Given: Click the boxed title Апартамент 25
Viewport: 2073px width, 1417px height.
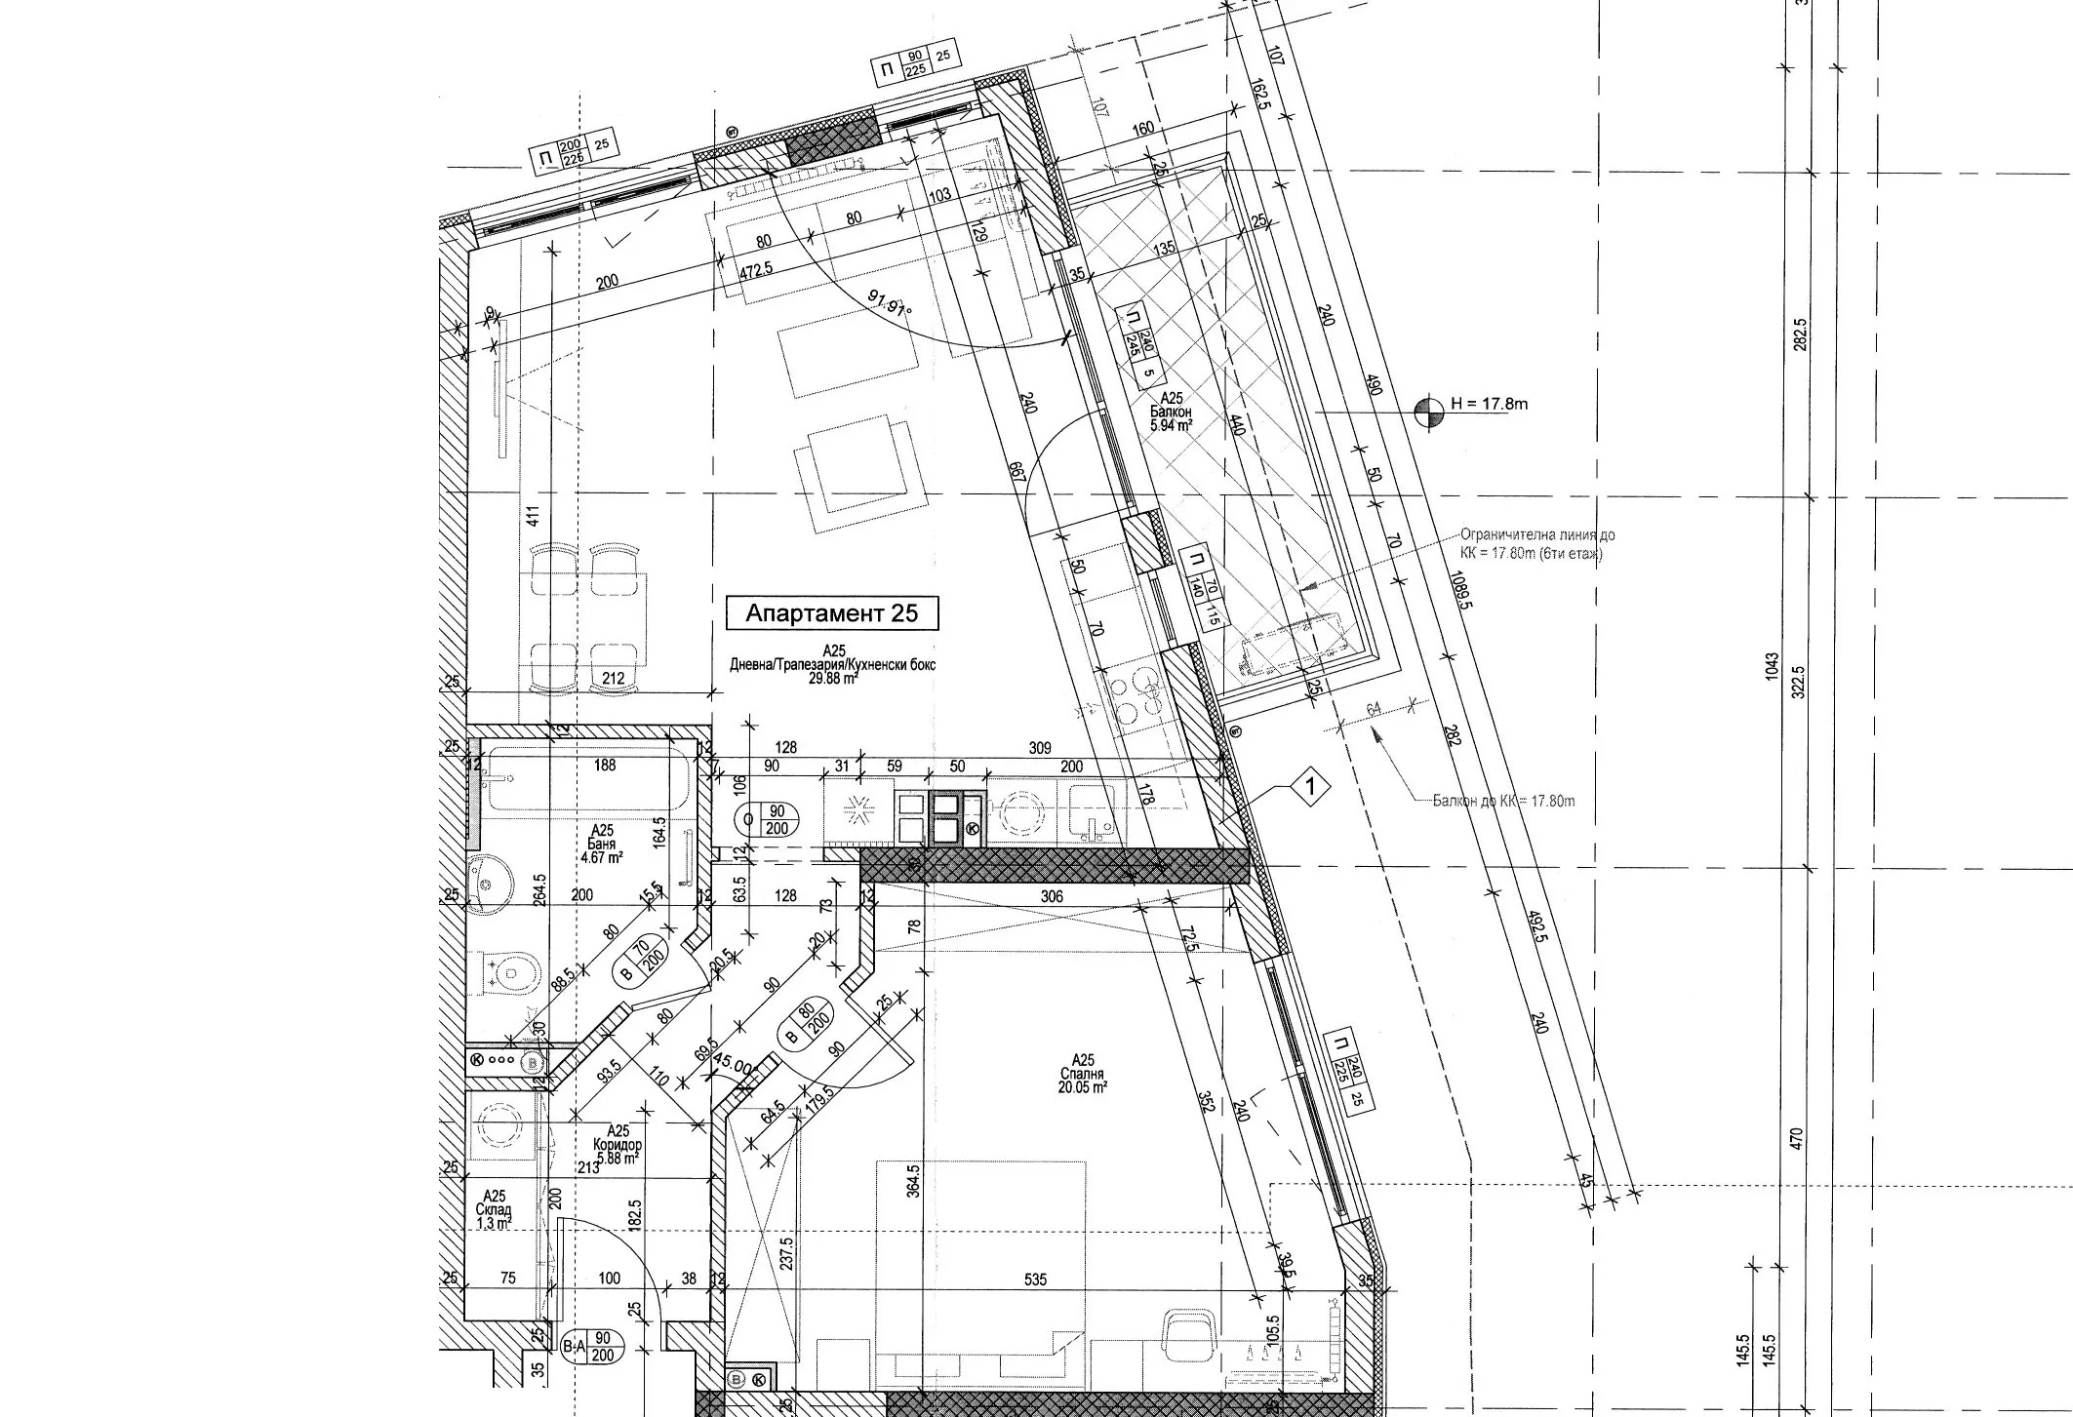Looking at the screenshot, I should (x=832, y=613).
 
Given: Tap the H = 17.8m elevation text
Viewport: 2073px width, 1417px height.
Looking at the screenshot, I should (x=1489, y=403).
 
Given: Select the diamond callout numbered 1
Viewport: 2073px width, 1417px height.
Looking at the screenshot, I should (x=1313, y=786).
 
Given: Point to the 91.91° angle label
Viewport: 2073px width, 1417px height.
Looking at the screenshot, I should (x=887, y=306).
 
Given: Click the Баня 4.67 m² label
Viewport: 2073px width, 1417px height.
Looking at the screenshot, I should (x=601, y=845).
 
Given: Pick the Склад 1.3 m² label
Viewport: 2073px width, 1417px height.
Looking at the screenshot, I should (x=496, y=1209).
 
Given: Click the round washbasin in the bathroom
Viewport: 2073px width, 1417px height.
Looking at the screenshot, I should (x=485, y=882).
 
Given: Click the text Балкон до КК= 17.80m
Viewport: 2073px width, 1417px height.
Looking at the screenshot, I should (x=1503, y=802).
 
